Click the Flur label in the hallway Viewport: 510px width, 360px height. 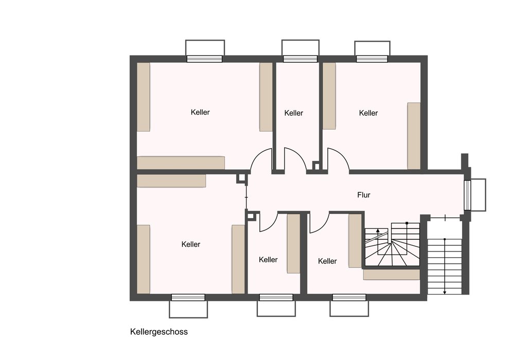click(x=364, y=195)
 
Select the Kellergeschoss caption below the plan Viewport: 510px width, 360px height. click(x=159, y=332)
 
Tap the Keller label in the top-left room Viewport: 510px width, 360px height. click(x=200, y=112)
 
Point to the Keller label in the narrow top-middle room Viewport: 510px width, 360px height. click(x=294, y=113)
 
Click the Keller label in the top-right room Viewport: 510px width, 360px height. click(x=368, y=113)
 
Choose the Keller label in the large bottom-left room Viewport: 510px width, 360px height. click(x=191, y=244)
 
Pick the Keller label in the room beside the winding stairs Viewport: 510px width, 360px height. click(x=327, y=261)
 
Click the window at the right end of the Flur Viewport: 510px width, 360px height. click(x=467, y=194)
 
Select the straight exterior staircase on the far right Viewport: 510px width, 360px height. click(x=445, y=266)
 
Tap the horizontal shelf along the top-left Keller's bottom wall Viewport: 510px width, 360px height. click(x=181, y=163)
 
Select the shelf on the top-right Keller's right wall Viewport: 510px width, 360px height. click(x=414, y=136)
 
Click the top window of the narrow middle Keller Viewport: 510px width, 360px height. click(x=300, y=59)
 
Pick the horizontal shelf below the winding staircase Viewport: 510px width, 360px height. click(x=391, y=275)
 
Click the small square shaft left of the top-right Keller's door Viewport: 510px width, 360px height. click(x=316, y=166)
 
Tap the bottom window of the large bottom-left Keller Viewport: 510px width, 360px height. click(x=188, y=297)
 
